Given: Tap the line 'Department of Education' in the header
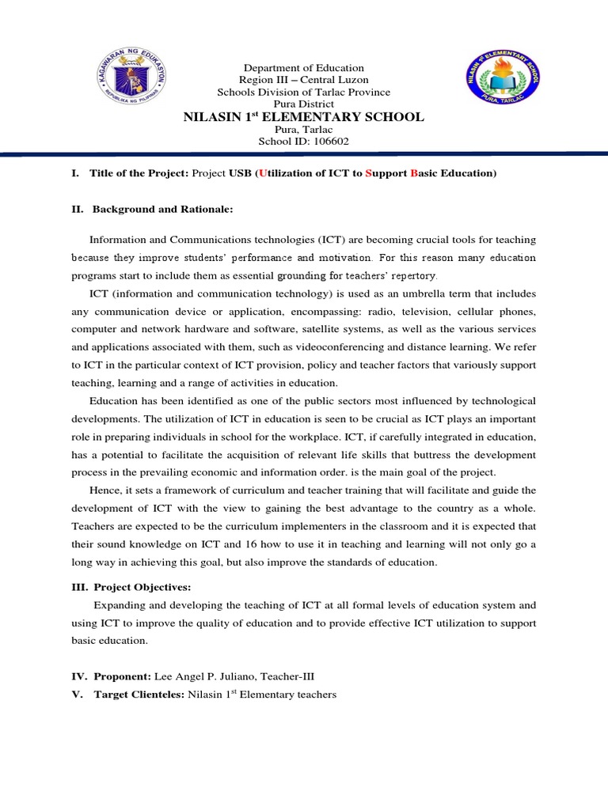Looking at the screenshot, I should click(x=303, y=68).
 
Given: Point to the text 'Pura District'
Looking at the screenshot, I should click(x=303, y=104).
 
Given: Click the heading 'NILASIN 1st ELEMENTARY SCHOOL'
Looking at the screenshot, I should click(x=303, y=117).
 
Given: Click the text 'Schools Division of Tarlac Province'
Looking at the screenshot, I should click(x=303, y=92).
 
